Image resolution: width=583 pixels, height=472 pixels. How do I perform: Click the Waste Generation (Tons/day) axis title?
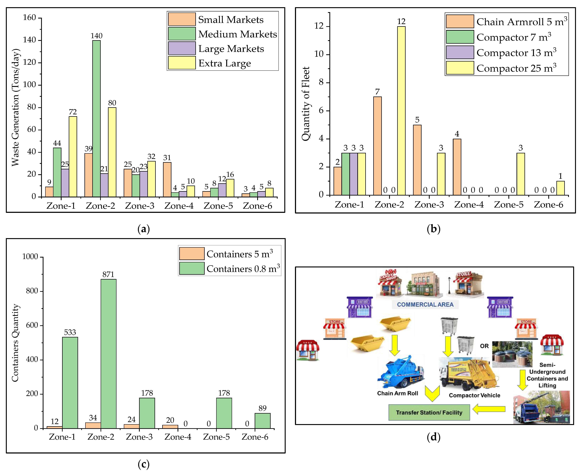click(x=15, y=107)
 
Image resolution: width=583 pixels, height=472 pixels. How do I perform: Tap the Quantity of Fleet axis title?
click(x=306, y=104)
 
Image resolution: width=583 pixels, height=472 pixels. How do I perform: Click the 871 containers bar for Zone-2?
click(x=108, y=353)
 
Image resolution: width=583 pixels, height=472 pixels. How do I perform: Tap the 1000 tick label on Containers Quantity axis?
click(x=30, y=257)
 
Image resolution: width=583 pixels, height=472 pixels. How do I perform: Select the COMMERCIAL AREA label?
click(x=425, y=305)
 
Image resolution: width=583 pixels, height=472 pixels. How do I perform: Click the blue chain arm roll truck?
click(x=400, y=372)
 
